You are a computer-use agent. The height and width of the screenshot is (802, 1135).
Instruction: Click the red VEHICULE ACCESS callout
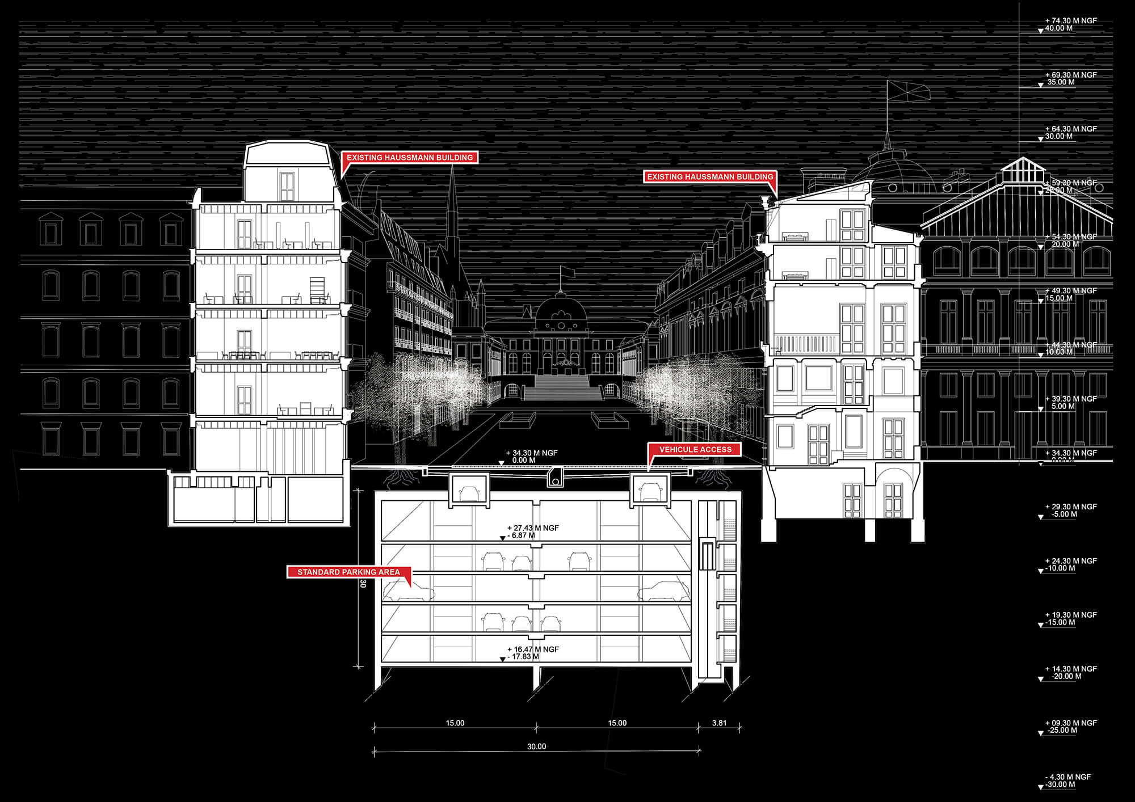tap(695, 449)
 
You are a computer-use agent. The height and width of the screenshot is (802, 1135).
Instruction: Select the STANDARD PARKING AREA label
tap(348, 572)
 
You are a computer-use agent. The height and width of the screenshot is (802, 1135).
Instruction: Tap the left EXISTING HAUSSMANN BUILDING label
tap(410, 157)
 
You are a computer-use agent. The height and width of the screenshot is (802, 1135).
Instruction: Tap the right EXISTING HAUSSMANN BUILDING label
tap(709, 176)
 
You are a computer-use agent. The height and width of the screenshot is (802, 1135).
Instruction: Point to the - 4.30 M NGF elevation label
tap(1067, 777)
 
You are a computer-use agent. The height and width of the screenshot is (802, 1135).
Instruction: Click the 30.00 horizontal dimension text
tap(536, 746)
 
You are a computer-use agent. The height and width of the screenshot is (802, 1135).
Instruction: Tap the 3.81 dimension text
tap(719, 723)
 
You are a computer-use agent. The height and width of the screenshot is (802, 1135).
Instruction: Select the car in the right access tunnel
tap(651, 491)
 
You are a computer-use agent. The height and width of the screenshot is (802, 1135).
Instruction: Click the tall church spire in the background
tap(452, 210)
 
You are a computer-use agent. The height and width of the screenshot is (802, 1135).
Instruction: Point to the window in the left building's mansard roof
tap(287, 186)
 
